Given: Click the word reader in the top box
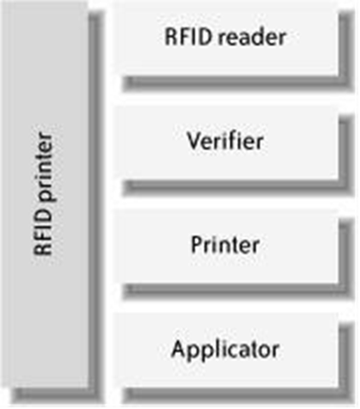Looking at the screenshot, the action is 252,37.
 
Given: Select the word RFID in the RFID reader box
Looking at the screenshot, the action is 189,37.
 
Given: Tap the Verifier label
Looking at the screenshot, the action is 225,141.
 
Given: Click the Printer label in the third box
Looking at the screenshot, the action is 225,245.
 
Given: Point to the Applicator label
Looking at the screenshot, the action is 225,350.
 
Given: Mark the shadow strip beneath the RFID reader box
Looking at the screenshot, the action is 238,84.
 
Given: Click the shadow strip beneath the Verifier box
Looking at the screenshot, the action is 238,187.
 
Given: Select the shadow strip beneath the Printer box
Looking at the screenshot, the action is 238,291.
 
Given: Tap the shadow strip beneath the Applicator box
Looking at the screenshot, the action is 238,395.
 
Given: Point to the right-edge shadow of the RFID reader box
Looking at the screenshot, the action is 346,49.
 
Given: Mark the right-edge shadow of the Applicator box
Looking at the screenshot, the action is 346,360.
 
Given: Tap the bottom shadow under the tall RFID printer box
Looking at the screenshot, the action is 57,395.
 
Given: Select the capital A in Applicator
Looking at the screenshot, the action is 179,349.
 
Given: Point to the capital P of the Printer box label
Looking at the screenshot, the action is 197,245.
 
